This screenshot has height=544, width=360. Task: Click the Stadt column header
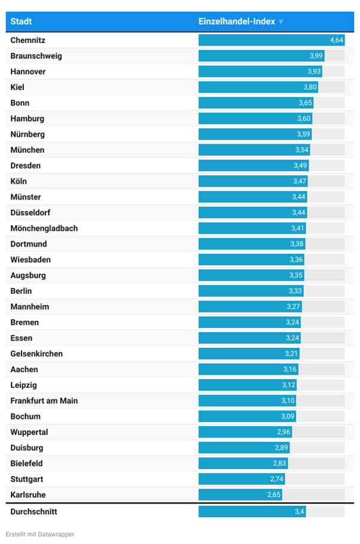(x=22, y=22)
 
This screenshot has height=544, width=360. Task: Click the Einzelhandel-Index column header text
(x=237, y=22)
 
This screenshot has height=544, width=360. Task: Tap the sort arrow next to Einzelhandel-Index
(x=281, y=22)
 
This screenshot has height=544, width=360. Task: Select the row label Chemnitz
(x=28, y=41)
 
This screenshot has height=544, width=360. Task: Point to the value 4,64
(x=337, y=41)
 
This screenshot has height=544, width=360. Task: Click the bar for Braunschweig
(x=261, y=56)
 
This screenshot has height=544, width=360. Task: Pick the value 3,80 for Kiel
(x=310, y=87)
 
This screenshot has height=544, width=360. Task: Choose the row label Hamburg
(x=28, y=118)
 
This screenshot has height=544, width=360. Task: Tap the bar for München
(x=254, y=150)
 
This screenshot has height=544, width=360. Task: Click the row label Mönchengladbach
(x=44, y=229)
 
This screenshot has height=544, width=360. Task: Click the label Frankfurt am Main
(x=44, y=400)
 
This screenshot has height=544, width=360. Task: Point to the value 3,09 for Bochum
(x=289, y=417)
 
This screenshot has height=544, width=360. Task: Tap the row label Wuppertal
(x=29, y=432)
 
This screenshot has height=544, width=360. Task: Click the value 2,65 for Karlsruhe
(x=274, y=495)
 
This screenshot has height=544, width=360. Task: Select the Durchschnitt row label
(x=33, y=512)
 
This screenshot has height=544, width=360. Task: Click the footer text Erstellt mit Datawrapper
(x=40, y=534)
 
